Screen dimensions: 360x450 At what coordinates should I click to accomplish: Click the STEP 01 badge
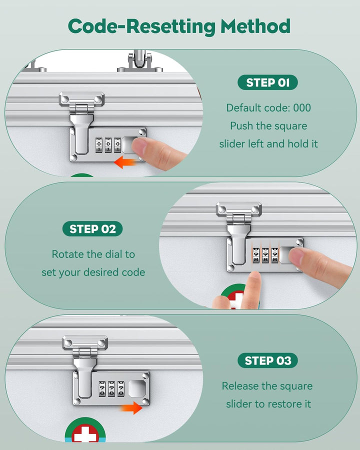[267, 82]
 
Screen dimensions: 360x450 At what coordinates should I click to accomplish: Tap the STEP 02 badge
[92, 229]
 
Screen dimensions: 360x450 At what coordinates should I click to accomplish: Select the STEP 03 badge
[267, 360]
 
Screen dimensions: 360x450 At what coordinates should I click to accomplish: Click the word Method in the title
[255, 26]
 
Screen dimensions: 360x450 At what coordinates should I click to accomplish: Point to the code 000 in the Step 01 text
[302, 108]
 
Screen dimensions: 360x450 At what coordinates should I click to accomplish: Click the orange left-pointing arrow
[125, 162]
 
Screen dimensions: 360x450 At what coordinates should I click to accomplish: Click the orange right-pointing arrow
[131, 407]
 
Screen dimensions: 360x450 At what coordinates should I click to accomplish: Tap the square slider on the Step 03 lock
[137, 388]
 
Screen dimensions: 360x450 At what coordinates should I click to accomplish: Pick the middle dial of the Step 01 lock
[108, 145]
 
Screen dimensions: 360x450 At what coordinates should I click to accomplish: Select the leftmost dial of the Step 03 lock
[102, 389]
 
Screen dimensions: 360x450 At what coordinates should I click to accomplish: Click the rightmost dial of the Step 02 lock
[274, 255]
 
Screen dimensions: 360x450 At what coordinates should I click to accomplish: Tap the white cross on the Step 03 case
[85, 435]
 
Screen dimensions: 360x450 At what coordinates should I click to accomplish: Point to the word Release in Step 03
[239, 386]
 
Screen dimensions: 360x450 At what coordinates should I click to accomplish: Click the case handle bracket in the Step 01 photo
[140, 61]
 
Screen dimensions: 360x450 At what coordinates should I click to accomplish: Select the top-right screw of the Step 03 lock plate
[145, 375]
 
